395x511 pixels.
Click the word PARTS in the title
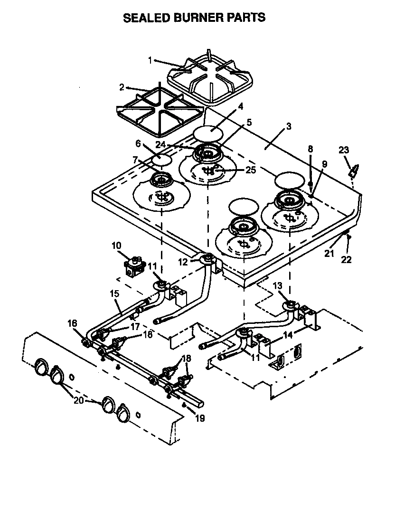pos(245,18)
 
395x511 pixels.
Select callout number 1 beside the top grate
pos(150,60)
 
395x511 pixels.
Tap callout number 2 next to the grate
pos(122,87)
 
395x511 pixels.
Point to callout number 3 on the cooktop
pos(289,126)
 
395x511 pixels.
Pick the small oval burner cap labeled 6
pos(161,159)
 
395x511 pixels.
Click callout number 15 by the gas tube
pos(114,294)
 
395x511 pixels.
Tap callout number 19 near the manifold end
pos(200,419)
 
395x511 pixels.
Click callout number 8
pos(310,149)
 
